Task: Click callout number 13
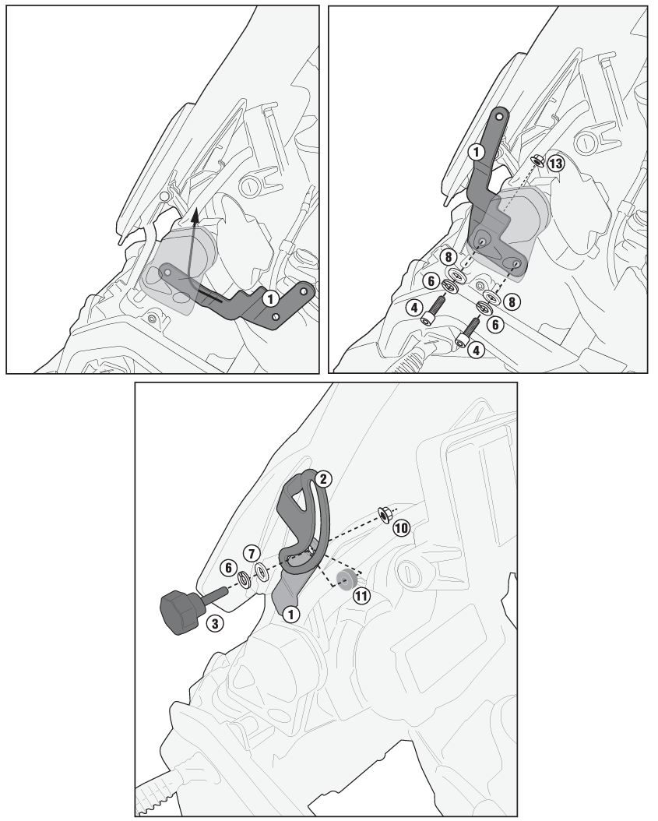[x=556, y=164]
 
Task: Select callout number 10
[x=402, y=528]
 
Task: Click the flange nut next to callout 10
[x=384, y=514]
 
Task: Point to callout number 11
[x=361, y=596]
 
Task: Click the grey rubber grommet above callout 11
[x=346, y=579]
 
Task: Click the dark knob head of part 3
[x=179, y=611]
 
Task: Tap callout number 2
[x=323, y=478]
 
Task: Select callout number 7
[x=252, y=553]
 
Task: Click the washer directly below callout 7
[x=260, y=570]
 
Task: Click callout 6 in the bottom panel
[x=228, y=567]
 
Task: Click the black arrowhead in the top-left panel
[x=195, y=213]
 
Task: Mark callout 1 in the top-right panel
[x=476, y=153]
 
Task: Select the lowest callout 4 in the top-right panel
[x=476, y=350]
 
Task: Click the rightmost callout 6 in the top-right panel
[x=494, y=325]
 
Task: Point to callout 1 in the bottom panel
[x=290, y=614]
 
